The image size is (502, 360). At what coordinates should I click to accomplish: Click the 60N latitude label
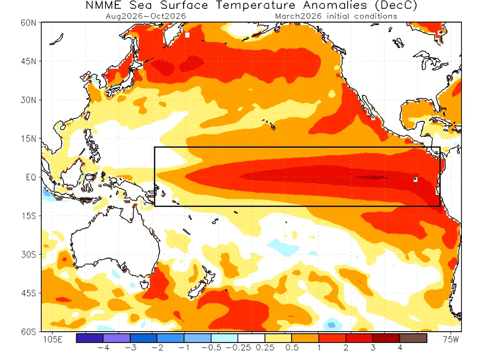pyautogui.click(x=28, y=23)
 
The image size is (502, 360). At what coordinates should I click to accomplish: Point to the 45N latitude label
pyautogui.click(x=28, y=61)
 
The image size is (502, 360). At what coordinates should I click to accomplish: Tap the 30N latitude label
pyautogui.click(x=28, y=100)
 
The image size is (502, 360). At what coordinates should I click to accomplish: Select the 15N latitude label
pyautogui.click(x=28, y=138)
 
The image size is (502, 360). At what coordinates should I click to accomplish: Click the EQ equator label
pyautogui.click(x=30, y=177)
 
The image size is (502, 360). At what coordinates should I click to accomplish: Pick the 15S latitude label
pyautogui.click(x=28, y=216)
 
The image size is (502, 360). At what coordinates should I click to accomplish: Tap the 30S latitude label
pyautogui.click(x=28, y=255)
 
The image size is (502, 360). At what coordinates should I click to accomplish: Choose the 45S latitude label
pyautogui.click(x=28, y=293)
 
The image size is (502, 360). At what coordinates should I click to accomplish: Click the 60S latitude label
pyautogui.click(x=28, y=332)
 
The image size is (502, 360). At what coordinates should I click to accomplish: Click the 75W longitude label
pyautogui.click(x=451, y=340)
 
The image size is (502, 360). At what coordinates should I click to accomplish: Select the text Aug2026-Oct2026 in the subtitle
pyautogui.click(x=146, y=16)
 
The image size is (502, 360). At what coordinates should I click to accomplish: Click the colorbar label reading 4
pyautogui.click(x=400, y=348)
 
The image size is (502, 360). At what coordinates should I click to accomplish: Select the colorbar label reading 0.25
pyautogui.click(x=265, y=348)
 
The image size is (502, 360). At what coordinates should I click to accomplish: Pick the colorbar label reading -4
pyautogui.click(x=103, y=348)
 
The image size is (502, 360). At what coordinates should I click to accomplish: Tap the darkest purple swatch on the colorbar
pyautogui.click(x=89, y=338)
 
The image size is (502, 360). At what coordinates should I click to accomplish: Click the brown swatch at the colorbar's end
pyautogui.click(x=414, y=338)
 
